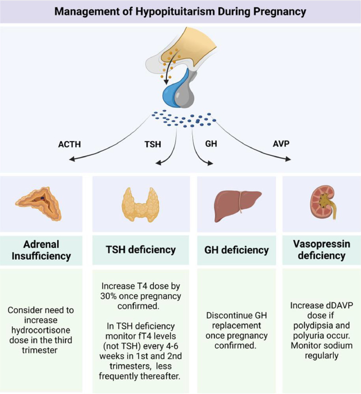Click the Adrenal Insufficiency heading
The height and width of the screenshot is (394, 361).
(x=42, y=250)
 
